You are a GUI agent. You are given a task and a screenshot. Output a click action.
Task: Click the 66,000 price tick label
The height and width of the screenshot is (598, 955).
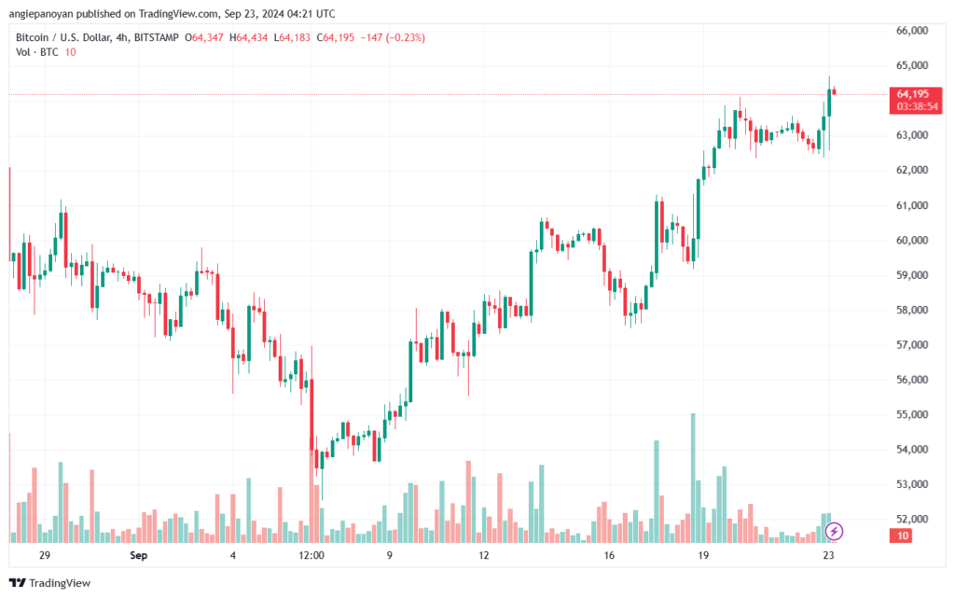pyautogui.click(x=912, y=31)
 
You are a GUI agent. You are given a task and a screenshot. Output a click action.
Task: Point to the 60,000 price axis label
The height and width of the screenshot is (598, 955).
pyautogui.click(x=912, y=241)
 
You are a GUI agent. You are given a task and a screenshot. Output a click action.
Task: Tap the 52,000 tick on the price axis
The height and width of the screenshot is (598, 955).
pyautogui.click(x=912, y=520)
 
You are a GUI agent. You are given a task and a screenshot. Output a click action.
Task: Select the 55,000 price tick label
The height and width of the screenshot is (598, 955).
pyautogui.click(x=912, y=415)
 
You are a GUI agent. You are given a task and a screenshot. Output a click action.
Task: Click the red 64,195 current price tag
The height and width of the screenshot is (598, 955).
pyautogui.click(x=913, y=94)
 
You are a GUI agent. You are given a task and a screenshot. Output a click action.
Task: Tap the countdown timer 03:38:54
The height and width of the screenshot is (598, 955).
pyautogui.click(x=918, y=106)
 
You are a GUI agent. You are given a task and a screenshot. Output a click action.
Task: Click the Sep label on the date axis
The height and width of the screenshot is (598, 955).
pyautogui.click(x=138, y=555)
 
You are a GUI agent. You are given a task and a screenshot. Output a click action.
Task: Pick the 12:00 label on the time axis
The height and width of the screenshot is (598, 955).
pyautogui.click(x=311, y=555)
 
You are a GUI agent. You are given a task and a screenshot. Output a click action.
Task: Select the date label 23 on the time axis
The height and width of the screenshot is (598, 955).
pyautogui.click(x=828, y=555)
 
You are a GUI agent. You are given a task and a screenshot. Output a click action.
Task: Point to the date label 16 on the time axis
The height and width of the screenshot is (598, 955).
pyautogui.click(x=609, y=555)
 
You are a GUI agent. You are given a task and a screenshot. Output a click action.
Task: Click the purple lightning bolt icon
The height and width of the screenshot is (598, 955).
pyautogui.click(x=834, y=532)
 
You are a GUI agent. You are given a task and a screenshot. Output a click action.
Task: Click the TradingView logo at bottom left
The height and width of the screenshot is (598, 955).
pyautogui.click(x=50, y=583)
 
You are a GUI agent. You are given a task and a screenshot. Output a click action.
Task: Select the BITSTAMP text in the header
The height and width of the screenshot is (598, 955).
pyautogui.click(x=156, y=37)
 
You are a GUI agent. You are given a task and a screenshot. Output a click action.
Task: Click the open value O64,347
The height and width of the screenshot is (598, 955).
pyautogui.click(x=204, y=37)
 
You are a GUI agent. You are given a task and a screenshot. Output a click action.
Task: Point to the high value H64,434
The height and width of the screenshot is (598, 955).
pyautogui.click(x=248, y=37)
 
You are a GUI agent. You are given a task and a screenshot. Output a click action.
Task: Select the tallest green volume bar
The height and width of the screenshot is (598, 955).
pyautogui.click(x=693, y=478)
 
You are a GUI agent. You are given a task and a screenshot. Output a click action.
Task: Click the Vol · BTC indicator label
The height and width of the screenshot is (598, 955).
pyautogui.click(x=37, y=52)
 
